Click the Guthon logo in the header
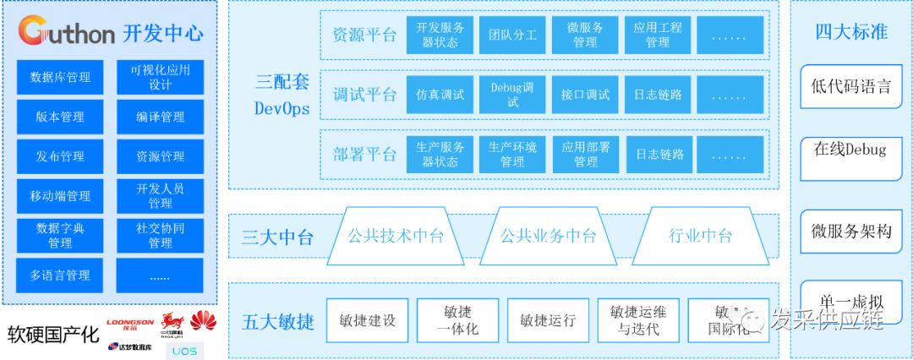pyautogui.click(x=67, y=33)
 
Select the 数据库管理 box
pyautogui.click(x=60, y=78)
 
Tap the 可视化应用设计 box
pyautogui.click(x=160, y=78)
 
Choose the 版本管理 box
pyautogui.click(x=60, y=117)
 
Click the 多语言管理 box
pyautogui.click(x=60, y=275)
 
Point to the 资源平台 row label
pyautogui.click(x=364, y=35)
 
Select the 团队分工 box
pyautogui.click(x=512, y=35)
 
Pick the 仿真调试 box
pyautogui.click(x=440, y=95)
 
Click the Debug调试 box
pyautogui.click(x=512, y=95)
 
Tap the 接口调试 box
pyautogui.click(x=585, y=95)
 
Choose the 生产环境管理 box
pyautogui.click(x=512, y=155)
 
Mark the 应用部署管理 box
pyautogui.click(x=585, y=155)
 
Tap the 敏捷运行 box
pyautogui.click(x=548, y=321)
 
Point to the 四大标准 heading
pyautogui.click(x=851, y=32)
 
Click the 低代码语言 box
pyautogui.click(x=851, y=86)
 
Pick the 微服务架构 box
pyautogui.click(x=851, y=231)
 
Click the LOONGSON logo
pyautogui.click(x=130, y=324)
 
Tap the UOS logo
pyautogui.click(x=183, y=348)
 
